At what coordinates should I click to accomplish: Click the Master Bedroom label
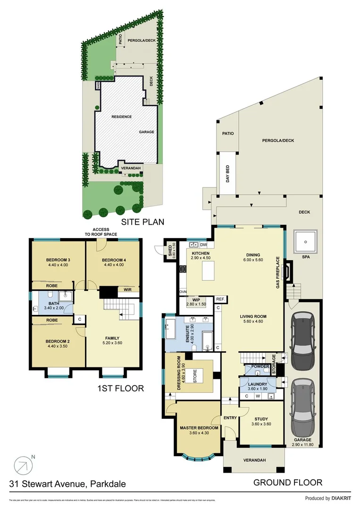click(199, 428)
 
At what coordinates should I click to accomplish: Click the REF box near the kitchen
click(220, 299)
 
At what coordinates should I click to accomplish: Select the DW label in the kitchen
click(203, 245)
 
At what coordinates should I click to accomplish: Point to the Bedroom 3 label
click(58, 260)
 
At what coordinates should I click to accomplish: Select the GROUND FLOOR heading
click(287, 482)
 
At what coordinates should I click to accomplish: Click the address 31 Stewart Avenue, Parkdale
click(67, 484)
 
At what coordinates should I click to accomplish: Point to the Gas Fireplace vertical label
click(278, 273)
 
